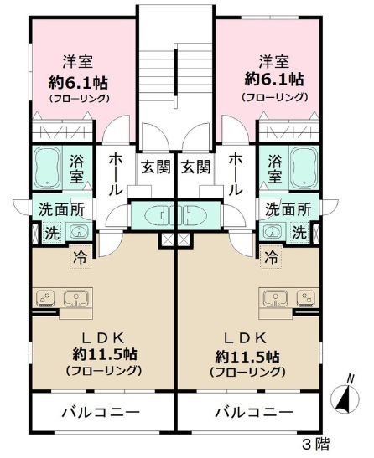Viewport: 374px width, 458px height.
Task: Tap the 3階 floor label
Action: pos(317,444)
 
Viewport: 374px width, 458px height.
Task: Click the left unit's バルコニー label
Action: pos(100,413)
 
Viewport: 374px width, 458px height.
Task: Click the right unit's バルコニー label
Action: pos(253,413)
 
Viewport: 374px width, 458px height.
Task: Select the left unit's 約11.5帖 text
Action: pos(104,353)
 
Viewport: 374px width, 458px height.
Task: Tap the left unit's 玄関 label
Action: pos(152,166)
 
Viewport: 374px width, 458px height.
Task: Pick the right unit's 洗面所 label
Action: pos(288,209)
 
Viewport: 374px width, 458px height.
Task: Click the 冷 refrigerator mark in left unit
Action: pos(79,257)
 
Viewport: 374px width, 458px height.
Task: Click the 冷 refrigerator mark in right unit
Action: pos(272,257)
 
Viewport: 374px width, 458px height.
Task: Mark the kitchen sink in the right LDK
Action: pos(278,297)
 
